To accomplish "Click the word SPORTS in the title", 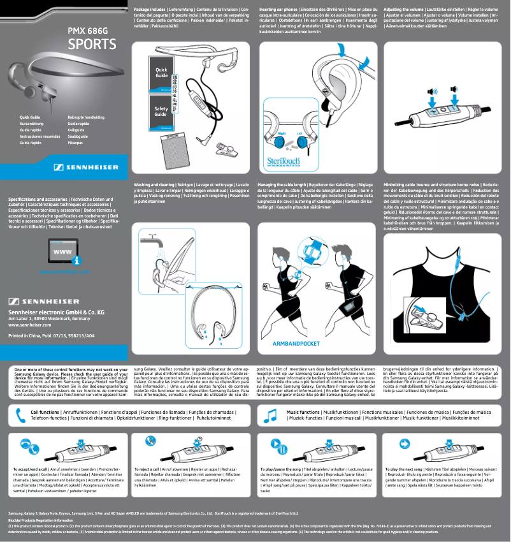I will [92, 45].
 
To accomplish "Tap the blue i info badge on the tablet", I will [76, 260].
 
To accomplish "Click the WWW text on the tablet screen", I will [61, 252].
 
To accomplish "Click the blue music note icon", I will [270, 415].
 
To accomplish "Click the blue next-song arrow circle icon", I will [396, 443].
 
